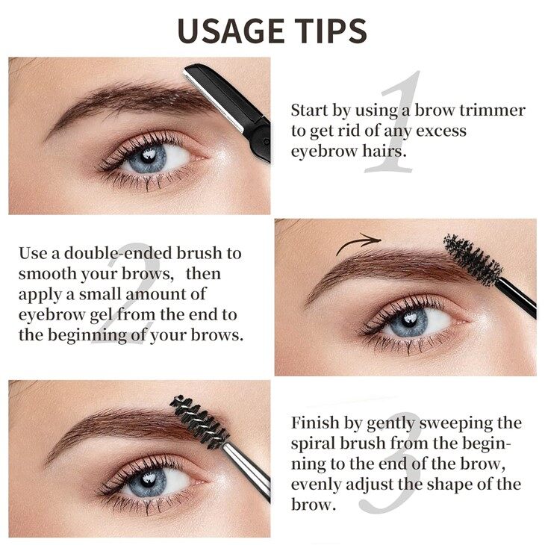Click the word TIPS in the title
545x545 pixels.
[331, 31]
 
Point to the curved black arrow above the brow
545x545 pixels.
[358, 242]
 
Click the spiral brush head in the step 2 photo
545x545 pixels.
[473, 258]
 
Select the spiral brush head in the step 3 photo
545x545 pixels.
[199, 422]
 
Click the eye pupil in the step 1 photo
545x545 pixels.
[149, 157]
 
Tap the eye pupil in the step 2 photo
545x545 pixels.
[410, 320]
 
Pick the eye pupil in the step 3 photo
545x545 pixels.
[149, 479]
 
